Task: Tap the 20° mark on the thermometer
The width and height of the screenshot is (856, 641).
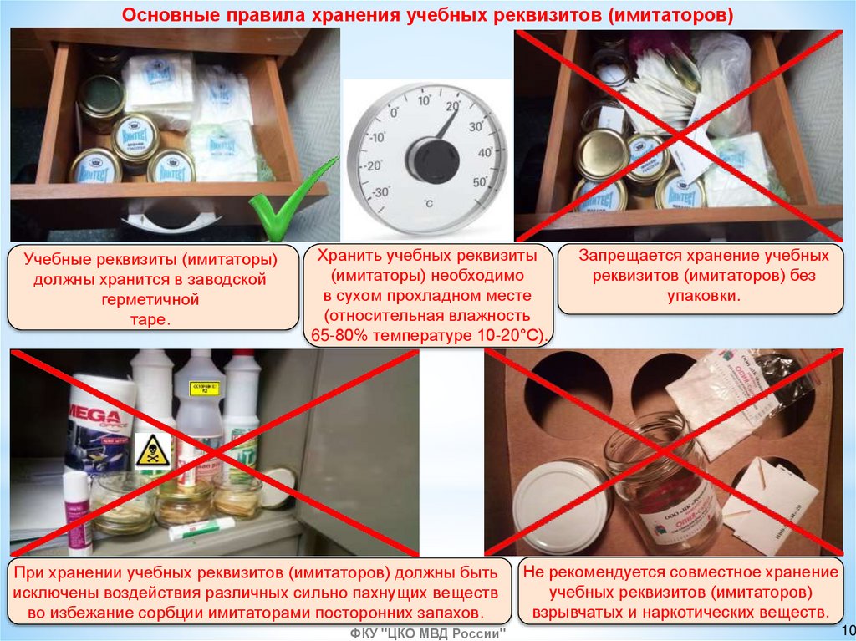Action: point(453,106)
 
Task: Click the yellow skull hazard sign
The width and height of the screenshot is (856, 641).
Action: point(150,451)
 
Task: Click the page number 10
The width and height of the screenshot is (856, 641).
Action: point(843,629)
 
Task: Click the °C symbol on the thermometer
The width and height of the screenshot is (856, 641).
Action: point(429,202)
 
